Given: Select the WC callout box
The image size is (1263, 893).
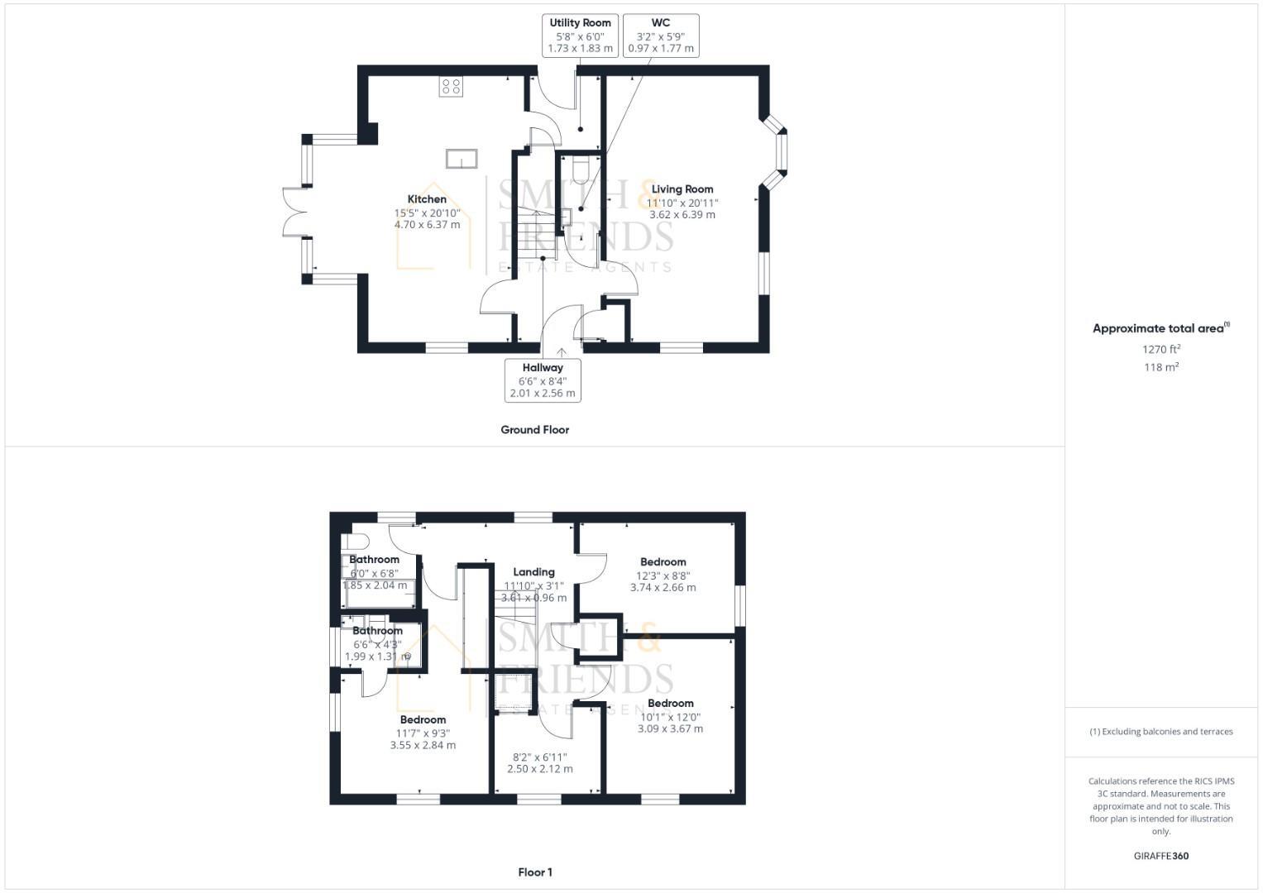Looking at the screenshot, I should coord(660,36).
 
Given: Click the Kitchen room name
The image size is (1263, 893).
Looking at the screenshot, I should coord(427,199).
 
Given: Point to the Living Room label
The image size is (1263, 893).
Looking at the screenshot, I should coord(682,189).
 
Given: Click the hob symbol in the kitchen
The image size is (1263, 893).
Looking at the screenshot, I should coord(451,87).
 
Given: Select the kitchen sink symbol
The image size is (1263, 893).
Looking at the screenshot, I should coord(462,158).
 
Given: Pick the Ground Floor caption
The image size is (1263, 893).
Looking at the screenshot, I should coord(534,430).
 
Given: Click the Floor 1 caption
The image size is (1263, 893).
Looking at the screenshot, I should coord(534,872).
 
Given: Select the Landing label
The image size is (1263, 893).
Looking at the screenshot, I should coord(533,572).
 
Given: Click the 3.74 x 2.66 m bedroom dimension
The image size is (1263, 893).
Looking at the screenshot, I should coord(663,588).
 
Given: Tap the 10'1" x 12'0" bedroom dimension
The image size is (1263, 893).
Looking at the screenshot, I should coord(670,717).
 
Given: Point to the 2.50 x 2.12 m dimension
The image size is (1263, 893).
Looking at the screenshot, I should coord(539,769).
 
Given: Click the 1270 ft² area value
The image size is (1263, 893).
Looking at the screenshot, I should coord(1161,349).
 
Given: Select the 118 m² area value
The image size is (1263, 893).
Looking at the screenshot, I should coord(1161,367).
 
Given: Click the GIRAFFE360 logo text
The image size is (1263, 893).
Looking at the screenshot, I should coord(1160,856).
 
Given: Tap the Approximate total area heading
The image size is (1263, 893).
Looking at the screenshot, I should coord(1160,328).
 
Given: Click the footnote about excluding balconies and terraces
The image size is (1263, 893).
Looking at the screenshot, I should coord(1160,732).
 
